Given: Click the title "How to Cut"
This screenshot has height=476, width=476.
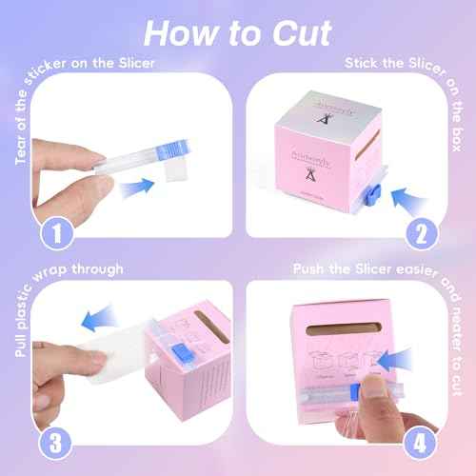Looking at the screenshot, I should (x=238, y=31).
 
